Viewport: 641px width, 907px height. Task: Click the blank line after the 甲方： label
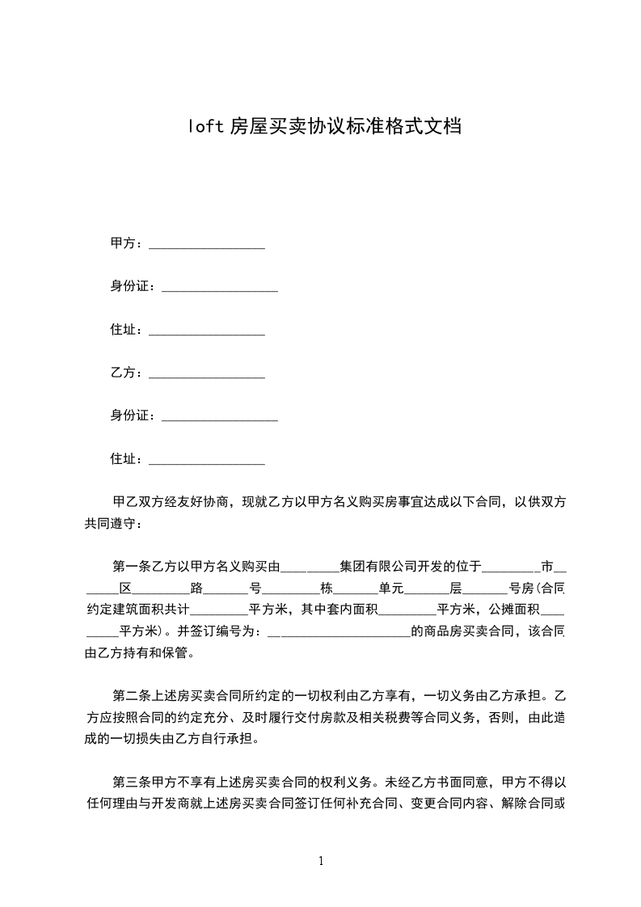click(x=207, y=244)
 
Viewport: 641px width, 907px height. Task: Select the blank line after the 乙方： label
click(x=207, y=373)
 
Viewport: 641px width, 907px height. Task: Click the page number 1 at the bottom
click(x=321, y=861)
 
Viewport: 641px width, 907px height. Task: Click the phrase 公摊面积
click(x=518, y=609)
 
